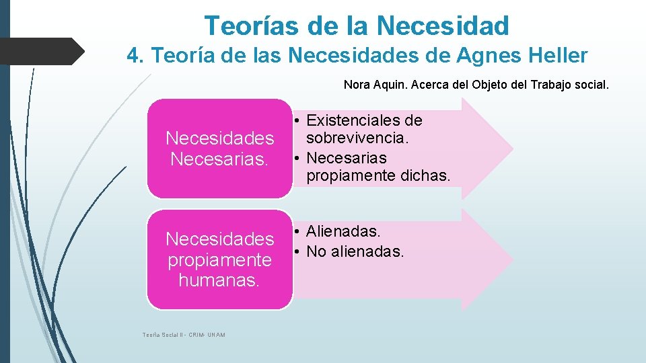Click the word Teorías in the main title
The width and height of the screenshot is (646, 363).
click(x=252, y=26)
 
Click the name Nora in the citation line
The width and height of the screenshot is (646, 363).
click(x=357, y=85)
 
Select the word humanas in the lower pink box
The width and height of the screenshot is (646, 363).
click(x=219, y=280)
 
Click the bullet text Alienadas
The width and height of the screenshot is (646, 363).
click(x=343, y=232)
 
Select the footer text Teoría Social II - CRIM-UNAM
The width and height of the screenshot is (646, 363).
click(x=184, y=335)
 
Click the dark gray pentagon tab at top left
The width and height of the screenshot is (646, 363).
click(x=40, y=50)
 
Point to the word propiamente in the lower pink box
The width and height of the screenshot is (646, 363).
click(x=219, y=259)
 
